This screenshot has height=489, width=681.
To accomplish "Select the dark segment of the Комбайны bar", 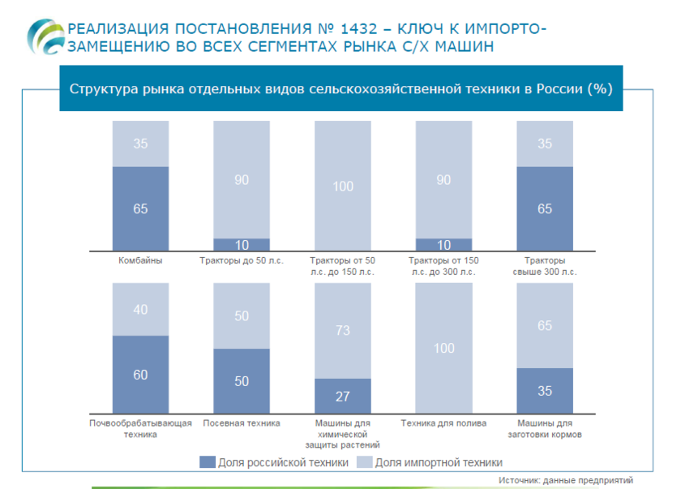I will coord(140,209).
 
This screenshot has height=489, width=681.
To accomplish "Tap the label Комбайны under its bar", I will coord(140,260).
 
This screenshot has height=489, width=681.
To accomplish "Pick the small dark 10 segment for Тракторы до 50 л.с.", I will coord(242,245).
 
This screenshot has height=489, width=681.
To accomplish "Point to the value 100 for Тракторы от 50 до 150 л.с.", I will coord(343,187).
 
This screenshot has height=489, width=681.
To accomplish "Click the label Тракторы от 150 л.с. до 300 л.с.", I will coord(443,266).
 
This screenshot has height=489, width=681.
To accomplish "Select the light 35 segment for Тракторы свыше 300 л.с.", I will coord(545,144).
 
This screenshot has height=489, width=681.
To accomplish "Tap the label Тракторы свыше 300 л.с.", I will coord(545,266).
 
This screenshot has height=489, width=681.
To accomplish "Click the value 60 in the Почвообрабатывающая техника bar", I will coord(140,375).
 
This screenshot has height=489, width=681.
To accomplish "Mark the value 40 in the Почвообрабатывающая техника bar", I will coord(140,309).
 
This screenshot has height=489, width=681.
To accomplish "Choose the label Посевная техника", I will coord(242,423).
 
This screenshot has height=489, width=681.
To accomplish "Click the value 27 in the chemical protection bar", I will coord(343,397).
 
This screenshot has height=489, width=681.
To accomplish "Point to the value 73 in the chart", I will coord(343,330).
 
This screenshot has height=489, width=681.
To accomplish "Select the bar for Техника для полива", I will coord(443,348).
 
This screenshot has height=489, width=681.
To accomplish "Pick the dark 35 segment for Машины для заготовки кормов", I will coord(545,391).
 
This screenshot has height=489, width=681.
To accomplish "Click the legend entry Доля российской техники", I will coord(274,462).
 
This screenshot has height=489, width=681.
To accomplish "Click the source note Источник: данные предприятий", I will coord(565,480).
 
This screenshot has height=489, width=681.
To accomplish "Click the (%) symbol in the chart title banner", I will coord(599,88).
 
